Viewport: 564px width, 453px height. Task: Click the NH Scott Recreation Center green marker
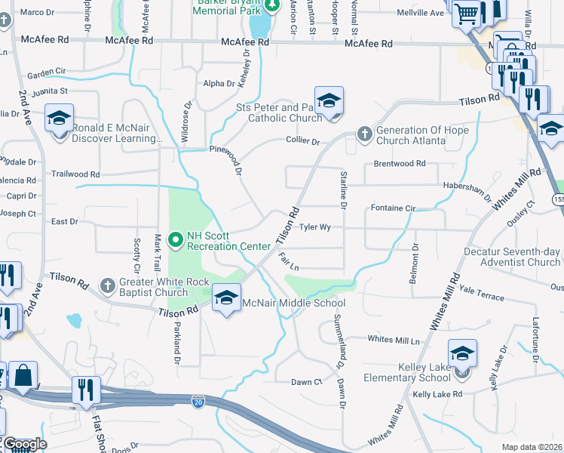(176, 241)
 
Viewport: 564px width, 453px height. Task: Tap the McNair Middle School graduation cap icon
(226, 298)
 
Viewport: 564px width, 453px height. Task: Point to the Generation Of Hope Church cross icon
(364, 134)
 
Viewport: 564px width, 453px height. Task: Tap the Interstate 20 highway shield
(198, 399)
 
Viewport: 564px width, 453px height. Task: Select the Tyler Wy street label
(315, 226)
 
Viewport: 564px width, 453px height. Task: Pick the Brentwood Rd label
(400, 163)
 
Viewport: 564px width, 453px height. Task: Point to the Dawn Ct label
(307, 382)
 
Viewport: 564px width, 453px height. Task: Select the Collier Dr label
(302, 141)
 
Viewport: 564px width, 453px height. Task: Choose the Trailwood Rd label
(75, 174)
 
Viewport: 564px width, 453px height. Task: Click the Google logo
(24, 444)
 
